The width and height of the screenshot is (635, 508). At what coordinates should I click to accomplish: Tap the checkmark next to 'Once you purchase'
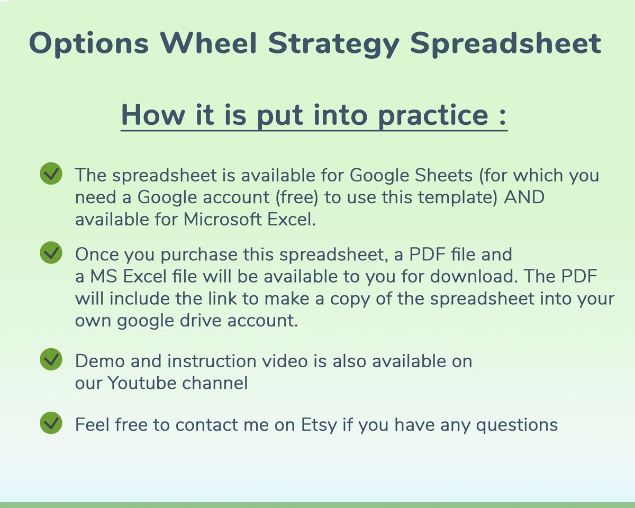[x=51, y=253]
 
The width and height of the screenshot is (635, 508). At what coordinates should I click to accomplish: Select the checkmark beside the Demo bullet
[x=51, y=360]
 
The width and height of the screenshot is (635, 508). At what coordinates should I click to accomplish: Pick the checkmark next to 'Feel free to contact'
[x=51, y=423]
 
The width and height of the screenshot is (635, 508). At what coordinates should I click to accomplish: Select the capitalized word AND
[x=524, y=197]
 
